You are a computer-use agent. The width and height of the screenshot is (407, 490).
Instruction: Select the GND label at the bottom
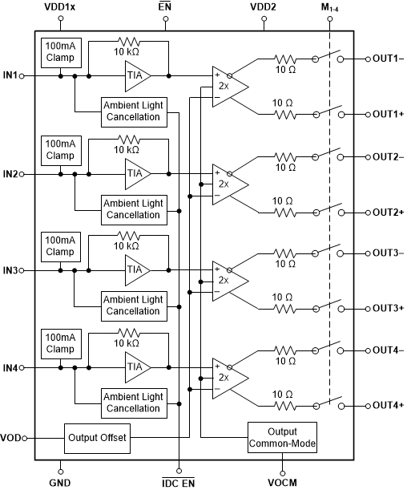click(x=60, y=482)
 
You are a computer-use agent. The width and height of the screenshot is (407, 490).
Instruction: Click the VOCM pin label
click(x=283, y=482)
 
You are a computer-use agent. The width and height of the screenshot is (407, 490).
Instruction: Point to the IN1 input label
click(x=10, y=76)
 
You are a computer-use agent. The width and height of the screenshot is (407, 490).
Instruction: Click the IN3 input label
click(x=10, y=270)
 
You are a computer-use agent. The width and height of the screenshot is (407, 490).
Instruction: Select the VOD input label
click(x=11, y=439)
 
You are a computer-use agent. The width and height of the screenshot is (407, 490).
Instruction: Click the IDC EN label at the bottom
click(x=178, y=482)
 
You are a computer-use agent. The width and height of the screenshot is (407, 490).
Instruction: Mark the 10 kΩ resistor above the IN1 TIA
click(x=128, y=42)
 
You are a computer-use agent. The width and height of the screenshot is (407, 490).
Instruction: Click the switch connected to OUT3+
click(x=328, y=306)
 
